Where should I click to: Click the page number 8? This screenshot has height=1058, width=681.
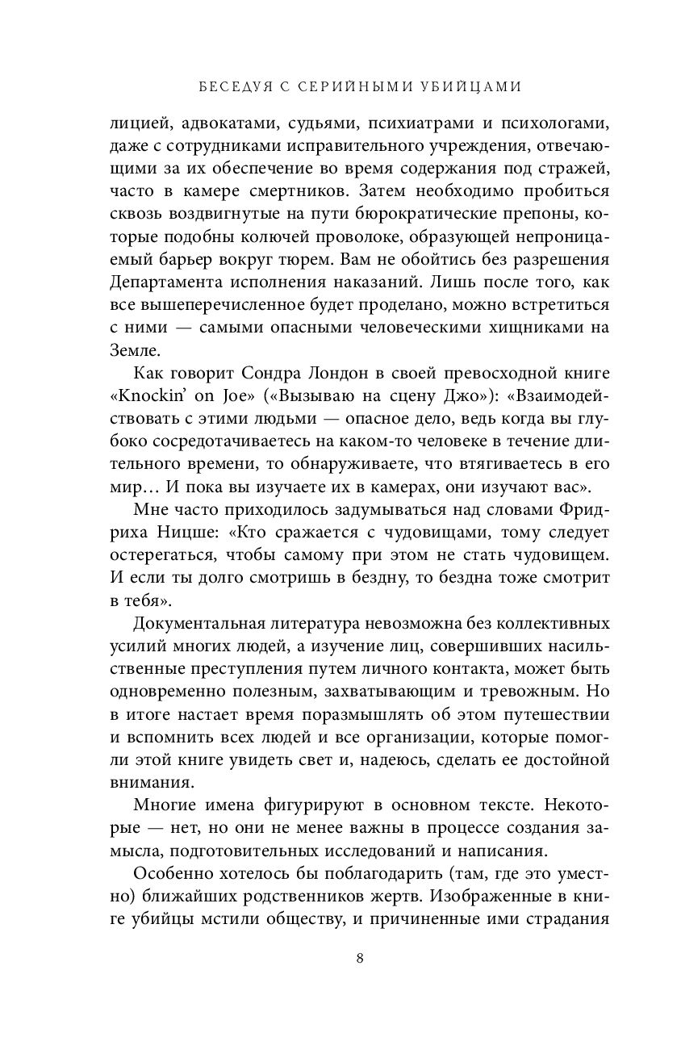360,959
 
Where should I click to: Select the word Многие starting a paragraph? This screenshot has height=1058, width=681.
163,804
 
